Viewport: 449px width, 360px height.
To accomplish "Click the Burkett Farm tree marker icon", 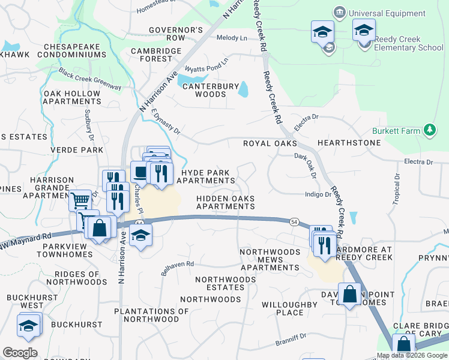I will [x=429, y=130].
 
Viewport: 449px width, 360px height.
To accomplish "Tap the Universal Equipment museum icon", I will [x=340, y=13].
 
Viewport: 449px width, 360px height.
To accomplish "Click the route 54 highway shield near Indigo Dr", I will [x=294, y=221].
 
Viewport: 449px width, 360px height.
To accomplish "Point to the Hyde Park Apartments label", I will [x=205, y=176].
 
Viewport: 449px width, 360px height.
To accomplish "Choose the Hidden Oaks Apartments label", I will [x=226, y=202].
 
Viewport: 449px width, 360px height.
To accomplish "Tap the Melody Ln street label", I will [x=232, y=38].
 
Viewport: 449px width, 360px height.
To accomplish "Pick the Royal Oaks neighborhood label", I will [x=270, y=144].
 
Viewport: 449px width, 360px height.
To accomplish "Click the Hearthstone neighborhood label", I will [x=349, y=143].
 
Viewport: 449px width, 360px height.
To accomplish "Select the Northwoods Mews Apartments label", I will [x=269, y=259].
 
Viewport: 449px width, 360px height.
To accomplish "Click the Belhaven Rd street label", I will [x=178, y=268].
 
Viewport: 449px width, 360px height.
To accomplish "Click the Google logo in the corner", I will [x=20, y=353].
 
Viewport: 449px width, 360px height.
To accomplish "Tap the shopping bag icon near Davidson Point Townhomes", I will [x=349, y=295].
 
